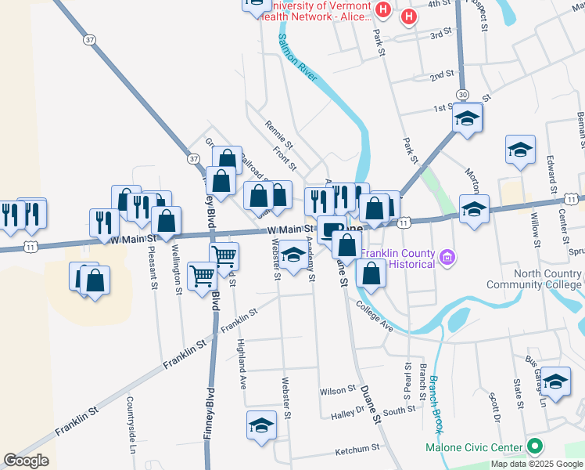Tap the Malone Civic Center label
pos(473,448)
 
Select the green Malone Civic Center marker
pos(535,447)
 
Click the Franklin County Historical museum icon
pos(447,256)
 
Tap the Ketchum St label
pos(357,450)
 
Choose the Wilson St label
pos(337,390)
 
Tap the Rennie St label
pos(278,134)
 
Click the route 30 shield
pos(464,94)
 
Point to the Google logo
pos(27,461)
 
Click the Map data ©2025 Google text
pos(537,464)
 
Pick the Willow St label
pos(536,227)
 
